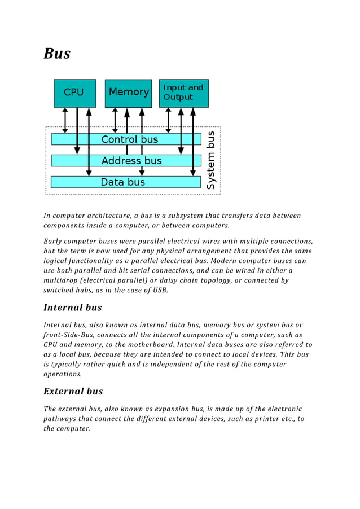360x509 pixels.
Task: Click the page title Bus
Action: (x=57, y=54)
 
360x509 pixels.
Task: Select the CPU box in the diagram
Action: (x=74, y=93)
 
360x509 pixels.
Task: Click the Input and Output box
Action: (x=184, y=93)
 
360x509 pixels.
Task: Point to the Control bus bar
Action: (x=129, y=139)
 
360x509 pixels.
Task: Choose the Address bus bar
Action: (x=131, y=161)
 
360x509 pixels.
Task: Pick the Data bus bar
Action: (x=122, y=182)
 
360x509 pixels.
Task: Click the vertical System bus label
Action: (x=210, y=160)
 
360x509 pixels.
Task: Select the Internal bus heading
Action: (x=72, y=308)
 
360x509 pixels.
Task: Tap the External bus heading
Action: (x=73, y=392)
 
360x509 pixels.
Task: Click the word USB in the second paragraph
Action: (x=160, y=290)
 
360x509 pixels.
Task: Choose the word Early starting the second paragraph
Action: (x=55, y=242)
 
